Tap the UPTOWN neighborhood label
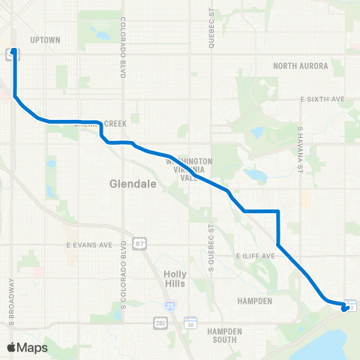[44, 40]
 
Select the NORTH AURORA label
[301, 66]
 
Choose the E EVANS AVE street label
[88, 244]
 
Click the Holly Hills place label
[175, 279]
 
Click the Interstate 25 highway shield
[171, 305]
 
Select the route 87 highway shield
[140, 244]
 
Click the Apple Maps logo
[28, 347]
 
